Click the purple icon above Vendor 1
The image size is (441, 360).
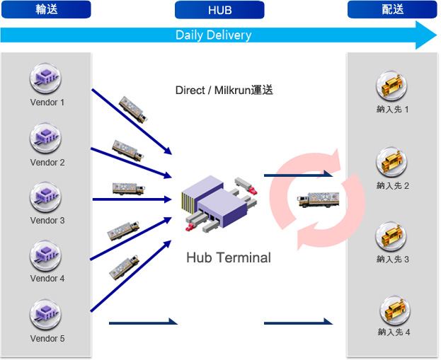[45, 78]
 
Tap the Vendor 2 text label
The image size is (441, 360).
[47, 163]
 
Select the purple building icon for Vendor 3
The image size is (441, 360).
[45, 197]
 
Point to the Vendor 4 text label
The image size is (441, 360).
[47, 279]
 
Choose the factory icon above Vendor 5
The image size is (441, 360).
[45, 314]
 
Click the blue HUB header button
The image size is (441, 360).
[219, 10]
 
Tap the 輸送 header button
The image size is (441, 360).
[46, 9]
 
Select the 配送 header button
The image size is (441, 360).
[392, 9]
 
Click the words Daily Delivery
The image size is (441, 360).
[214, 35]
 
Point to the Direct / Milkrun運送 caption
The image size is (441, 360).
[224, 91]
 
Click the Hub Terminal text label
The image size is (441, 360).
[229, 257]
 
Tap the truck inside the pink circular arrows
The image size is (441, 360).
[318, 199]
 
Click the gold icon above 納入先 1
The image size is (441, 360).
[391, 86]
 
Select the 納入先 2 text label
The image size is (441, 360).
[393, 186]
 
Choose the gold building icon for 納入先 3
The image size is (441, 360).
[391, 236]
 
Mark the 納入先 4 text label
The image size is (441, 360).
[394, 332]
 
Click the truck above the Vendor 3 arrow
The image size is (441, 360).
[129, 189]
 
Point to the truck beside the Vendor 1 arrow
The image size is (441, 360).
[133, 110]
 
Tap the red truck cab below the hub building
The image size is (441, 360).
[190, 227]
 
